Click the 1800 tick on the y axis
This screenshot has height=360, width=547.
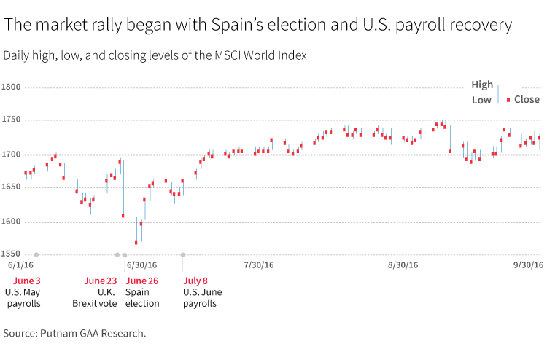[x=12, y=87]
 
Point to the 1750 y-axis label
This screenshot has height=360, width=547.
[x=12, y=120]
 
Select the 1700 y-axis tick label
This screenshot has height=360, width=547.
[x=12, y=154]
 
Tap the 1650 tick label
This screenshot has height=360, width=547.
[x=12, y=188]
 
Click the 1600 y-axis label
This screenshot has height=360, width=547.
[x=12, y=222]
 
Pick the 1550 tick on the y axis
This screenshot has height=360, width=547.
[x=12, y=254]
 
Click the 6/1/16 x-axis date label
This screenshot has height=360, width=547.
[x=21, y=266]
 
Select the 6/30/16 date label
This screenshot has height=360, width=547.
[x=141, y=266]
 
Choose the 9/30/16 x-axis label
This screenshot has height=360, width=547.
[x=528, y=266]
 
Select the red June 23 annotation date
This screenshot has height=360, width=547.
[x=100, y=281]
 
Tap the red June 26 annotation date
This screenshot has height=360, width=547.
[x=142, y=281]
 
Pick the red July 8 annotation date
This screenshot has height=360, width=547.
[x=195, y=281]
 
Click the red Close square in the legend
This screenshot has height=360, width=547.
[x=508, y=99]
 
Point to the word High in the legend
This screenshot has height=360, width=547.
[x=482, y=85]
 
